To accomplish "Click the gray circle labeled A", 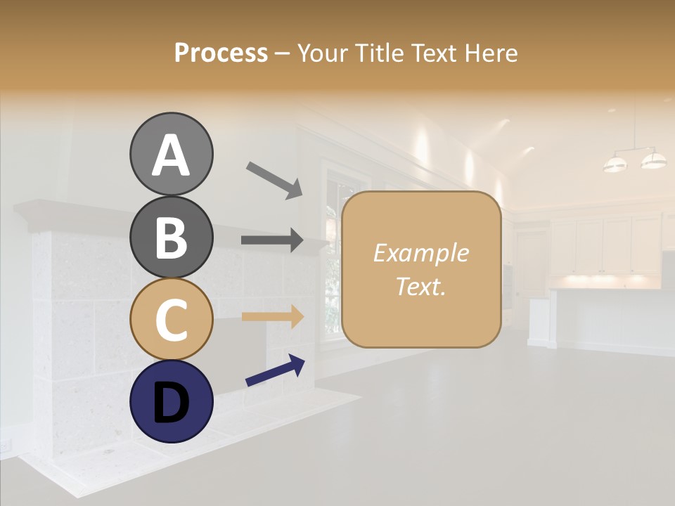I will coord(171,154).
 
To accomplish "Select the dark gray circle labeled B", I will coord(171,237).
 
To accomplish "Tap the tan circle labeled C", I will coord(171,319).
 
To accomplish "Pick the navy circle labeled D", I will coord(171,401).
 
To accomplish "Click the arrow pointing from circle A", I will coord(274,179).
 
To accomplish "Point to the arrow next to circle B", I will coord(272,240).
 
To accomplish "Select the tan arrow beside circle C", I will coord(272,316).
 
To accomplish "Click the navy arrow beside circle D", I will coord(275,370).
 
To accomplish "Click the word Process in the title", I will coord(221,53).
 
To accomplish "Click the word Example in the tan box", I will coord(420,253).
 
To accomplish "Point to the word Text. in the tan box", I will coord(420,286).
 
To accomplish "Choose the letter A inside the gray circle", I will coord(171,155).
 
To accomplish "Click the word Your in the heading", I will coord(323,53).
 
